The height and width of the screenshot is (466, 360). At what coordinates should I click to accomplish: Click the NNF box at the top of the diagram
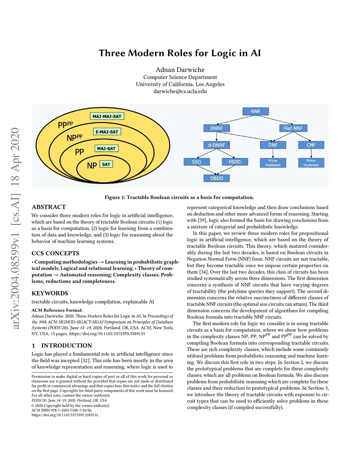click(256, 111)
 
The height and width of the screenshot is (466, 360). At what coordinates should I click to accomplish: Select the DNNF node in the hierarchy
click(217, 128)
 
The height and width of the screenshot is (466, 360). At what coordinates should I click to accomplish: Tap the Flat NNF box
click(293, 128)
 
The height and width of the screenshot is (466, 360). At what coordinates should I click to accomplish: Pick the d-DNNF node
click(217, 145)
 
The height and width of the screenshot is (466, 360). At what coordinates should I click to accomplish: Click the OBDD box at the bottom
click(217, 178)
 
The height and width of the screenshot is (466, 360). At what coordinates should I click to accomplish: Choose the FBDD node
click(234, 162)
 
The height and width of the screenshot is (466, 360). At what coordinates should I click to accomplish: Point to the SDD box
click(197, 162)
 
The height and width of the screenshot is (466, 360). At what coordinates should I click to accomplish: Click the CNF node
click(311, 145)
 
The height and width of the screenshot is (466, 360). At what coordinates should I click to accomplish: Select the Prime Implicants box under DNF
click(273, 163)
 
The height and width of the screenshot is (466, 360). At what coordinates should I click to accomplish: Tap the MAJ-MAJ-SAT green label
click(107, 116)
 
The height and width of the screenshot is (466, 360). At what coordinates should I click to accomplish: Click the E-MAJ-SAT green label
click(107, 132)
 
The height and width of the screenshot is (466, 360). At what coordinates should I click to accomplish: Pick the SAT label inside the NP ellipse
click(106, 164)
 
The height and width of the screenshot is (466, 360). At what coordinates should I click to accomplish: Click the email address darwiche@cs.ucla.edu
click(180, 91)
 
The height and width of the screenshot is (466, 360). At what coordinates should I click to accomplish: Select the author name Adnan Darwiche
click(180, 70)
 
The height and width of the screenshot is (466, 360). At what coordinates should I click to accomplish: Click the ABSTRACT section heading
click(49, 207)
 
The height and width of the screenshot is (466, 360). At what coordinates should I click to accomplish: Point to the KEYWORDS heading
click(50, 293)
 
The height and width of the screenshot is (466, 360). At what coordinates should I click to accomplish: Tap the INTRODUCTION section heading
click(66, 346)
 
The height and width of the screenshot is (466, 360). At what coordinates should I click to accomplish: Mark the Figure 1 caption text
click(179, 197)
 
